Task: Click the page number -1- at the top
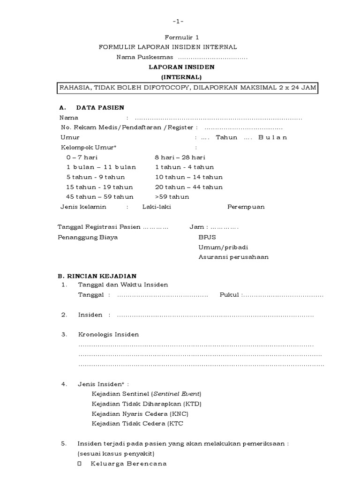pos(178,22)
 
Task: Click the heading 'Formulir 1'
pos(179,37)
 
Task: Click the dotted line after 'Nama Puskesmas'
pos(215,57)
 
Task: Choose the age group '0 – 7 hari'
pos(82,157)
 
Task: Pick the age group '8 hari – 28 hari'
pos(180,157)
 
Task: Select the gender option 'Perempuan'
pos(246,207)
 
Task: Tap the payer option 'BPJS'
pos(207,237)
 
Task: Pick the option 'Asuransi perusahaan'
pos(233,257)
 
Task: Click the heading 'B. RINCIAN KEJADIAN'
pos(97,276)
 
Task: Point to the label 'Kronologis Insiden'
pos(108,334)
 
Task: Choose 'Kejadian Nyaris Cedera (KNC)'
pos(140,414)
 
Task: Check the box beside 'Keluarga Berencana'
pos(79,464)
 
